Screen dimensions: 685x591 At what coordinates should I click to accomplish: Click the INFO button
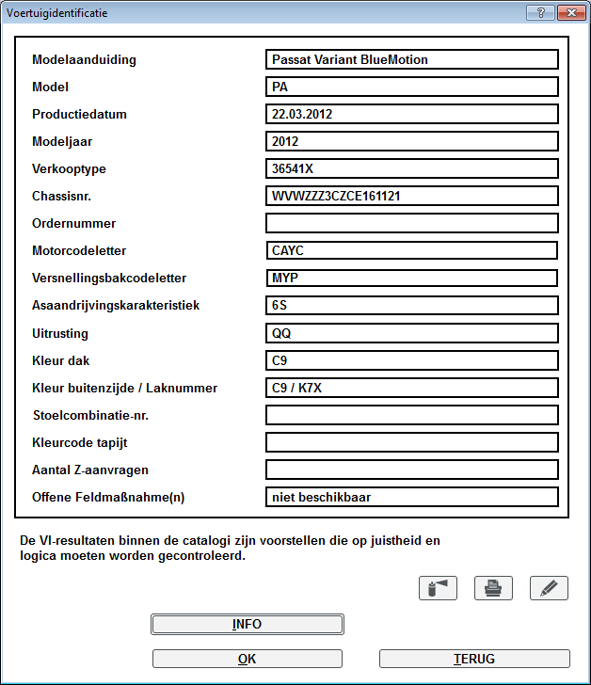(x=247, y=624)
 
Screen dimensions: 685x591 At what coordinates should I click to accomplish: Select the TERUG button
(x=474, y=659)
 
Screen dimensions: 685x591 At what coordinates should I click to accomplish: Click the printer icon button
(x=492, y=588)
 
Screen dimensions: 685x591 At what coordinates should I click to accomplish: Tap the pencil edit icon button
(x=549, y=588)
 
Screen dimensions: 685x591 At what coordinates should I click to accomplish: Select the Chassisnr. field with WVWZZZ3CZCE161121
(x=412, y=197)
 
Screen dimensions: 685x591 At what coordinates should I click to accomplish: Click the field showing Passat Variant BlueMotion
(x=412, y=59)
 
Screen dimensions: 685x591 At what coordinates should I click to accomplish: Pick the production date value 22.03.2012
(x=412, y=114)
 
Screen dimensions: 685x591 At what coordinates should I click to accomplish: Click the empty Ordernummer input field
(x=412, y=224)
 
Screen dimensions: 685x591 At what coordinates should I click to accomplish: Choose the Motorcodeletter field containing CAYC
(x=412, y=251)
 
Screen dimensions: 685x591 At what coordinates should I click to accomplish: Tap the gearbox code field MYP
(x=412, y=279)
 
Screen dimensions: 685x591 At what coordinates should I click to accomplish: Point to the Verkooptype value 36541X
(x=412, y=169)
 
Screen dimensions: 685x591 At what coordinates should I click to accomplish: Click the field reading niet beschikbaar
(x=412, y=497)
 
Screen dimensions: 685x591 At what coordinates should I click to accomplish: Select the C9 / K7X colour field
(x=412, y=388)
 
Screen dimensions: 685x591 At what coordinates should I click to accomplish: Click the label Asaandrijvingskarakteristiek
(x=116, y=306)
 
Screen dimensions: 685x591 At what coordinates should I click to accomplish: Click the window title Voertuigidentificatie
(x=56, y=13)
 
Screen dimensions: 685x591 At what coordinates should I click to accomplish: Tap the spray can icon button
(x=437, y=588)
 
